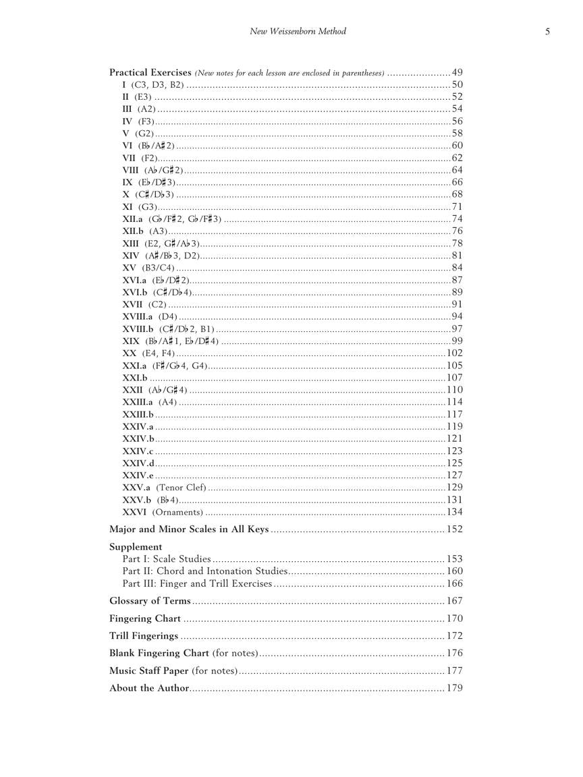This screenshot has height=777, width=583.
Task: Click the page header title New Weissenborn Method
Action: click(298, 31)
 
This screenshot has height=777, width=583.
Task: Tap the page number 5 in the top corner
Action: click(547, 31)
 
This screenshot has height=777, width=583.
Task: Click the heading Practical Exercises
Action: click(150, 72)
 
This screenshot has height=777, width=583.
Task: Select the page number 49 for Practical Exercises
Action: click(457, 73)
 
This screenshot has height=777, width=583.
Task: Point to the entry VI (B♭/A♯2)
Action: click(148, 146)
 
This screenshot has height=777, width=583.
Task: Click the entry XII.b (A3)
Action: click(145, 231)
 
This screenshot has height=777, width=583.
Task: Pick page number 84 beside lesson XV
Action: click(457, 268)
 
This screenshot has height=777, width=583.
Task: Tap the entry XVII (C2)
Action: click(144, 305)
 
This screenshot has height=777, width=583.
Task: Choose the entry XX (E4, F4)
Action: click(148, 353)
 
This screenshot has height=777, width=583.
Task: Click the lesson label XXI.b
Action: click(135, 378)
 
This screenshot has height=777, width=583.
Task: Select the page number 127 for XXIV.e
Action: click(454, 476)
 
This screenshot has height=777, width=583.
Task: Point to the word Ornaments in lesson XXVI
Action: click(176, 512)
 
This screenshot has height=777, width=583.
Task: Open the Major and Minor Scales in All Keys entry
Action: click(189, 529)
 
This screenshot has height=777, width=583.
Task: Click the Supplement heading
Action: click(136, 547)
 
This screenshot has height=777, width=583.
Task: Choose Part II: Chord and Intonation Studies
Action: click(205, 571)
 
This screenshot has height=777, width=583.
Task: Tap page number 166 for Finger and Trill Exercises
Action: click(454, 583)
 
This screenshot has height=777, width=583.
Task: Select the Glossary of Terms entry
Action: click(150, 601)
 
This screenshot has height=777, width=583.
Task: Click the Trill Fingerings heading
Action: click(144, 636)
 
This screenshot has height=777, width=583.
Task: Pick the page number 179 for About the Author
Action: click(454, 689)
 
